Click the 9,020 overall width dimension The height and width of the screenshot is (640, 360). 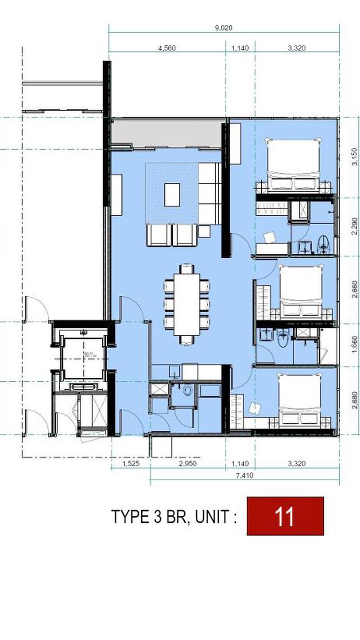[224, 28]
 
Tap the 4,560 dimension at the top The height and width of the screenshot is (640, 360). [167, 48]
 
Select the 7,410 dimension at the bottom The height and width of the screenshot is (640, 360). [244, 475]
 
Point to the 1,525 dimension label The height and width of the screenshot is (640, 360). [131, 463]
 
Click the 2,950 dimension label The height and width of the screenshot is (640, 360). [188, 463]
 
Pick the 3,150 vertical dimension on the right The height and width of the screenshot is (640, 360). [354, 157]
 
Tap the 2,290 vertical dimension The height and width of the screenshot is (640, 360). [354, 226]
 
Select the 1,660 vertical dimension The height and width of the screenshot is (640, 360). [354, 344]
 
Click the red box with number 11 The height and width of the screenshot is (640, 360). [285, 516]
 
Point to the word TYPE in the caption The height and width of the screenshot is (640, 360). [126, 517]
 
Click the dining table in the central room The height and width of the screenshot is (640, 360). [187, 304]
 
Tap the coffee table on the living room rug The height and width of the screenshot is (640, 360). [172, 195]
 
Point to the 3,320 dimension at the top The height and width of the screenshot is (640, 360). [296, 48]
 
